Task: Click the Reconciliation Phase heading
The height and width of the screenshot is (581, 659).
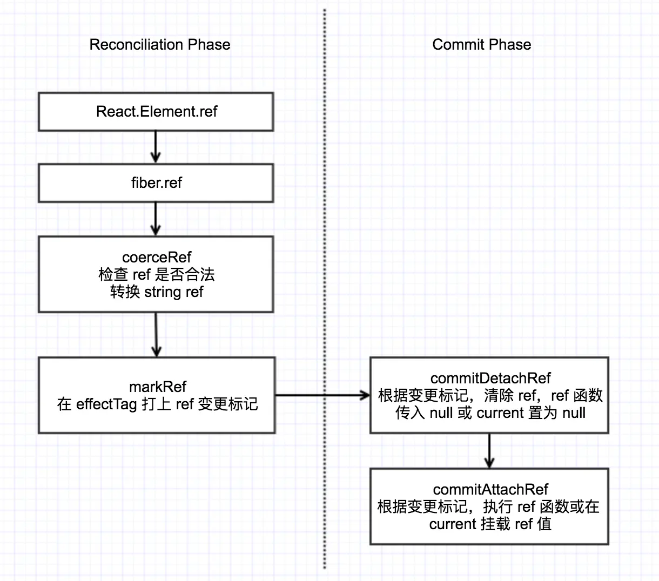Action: coord(160,44)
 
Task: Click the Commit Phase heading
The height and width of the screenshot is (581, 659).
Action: coord(481,44)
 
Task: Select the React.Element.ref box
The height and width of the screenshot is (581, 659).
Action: coord(156,112)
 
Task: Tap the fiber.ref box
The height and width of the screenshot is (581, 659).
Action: coord(156,183)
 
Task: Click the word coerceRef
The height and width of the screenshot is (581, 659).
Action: coord(157,257)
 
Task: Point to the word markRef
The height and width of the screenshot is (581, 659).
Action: coord(157,387)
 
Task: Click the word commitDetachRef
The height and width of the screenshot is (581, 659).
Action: coord(490,378)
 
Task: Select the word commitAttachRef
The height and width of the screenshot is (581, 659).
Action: coord(490,489)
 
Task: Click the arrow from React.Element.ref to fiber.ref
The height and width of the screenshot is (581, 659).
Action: coord(156,147)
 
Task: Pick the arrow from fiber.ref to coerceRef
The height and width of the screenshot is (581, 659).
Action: coord(156,219)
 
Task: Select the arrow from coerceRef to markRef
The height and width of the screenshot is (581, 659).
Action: coord(156,335)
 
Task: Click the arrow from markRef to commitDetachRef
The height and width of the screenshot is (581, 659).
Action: coord(322,395)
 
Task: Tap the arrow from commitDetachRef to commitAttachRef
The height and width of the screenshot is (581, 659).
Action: coord(489,451)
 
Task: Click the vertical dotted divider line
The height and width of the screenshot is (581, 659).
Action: coord(325,289)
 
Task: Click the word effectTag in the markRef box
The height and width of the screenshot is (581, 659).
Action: coord(106,404)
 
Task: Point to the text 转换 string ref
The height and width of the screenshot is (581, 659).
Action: coord(157,292)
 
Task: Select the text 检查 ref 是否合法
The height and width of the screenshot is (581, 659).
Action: coord(157,275)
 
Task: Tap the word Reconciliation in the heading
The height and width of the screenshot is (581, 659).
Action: coord(134,44)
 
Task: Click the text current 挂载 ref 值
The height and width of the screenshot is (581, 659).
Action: coord(490,524)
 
